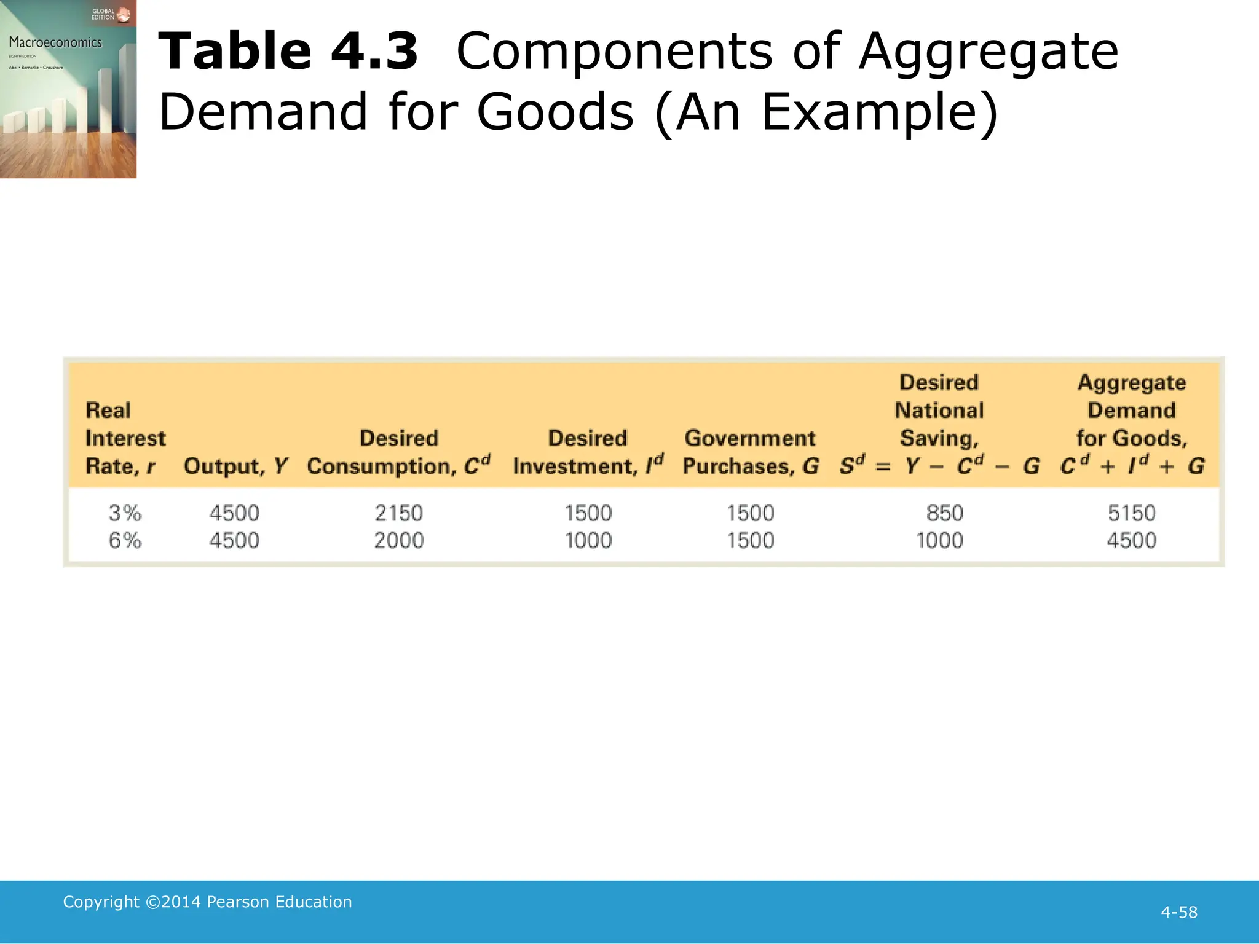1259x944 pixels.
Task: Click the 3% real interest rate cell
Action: tap(125, 513)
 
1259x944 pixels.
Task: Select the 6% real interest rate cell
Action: tap(125, 540)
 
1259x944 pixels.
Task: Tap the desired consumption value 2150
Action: tap(399, 513)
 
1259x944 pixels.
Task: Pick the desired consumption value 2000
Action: tap(399, 540)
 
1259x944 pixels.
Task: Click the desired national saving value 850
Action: tap(944, 513)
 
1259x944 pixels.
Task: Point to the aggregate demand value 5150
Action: tap(1131, 513)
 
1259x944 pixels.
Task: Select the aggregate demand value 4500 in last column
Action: tap(1131, 540)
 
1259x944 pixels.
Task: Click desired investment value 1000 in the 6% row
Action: tap(588, 540)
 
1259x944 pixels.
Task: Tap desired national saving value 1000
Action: tap(939, 540)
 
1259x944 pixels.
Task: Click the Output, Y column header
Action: tap(235, 466)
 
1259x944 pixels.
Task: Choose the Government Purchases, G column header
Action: tap(751, 452)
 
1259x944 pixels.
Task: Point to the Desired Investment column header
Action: tap(588, 452)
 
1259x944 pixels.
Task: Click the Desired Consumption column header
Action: tap(399, 452)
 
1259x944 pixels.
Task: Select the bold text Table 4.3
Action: tap(288, 52)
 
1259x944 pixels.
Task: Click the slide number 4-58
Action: tap(1178, 912)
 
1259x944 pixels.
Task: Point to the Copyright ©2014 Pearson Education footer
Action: tap(207, 902)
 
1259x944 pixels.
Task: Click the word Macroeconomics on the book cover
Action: tap(55, 42)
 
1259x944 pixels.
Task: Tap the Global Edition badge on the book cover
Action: tap(111, 14)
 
